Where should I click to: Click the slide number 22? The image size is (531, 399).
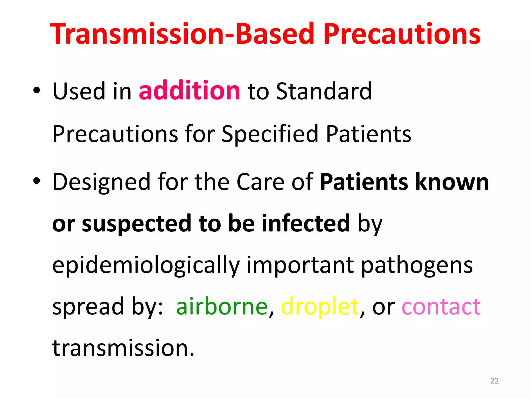[494, 381]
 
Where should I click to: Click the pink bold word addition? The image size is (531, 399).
[189, 91]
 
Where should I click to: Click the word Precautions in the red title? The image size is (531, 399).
[402, 34]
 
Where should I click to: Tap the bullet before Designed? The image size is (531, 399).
[37, 181]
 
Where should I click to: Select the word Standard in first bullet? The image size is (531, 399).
[324, 91]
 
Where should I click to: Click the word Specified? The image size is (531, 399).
[270, 134]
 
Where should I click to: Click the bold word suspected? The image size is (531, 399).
[136, 223]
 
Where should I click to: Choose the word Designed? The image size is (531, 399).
[101, 182]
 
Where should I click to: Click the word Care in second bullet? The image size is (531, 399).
[260, 182]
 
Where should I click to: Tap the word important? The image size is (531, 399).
[300, 265]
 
